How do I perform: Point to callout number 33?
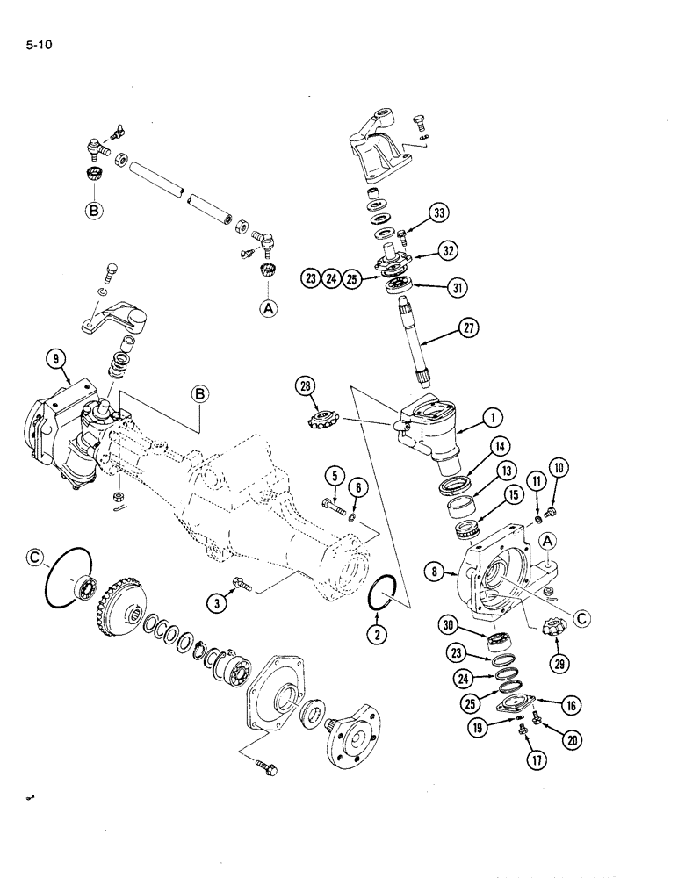pyautogui.click(x=439, y=212)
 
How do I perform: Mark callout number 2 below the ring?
pyautogui.click(x=376, y=634)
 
